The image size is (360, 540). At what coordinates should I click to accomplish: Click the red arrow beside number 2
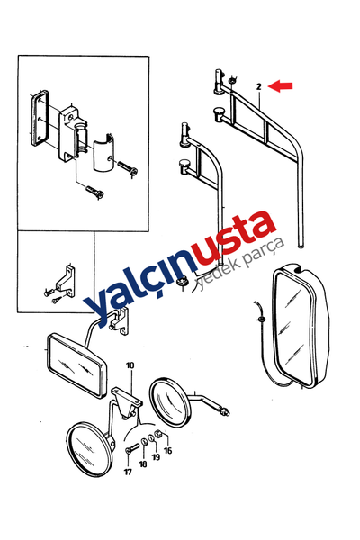[x=281, y=85]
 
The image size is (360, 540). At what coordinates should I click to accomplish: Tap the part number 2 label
[x=259, y=86]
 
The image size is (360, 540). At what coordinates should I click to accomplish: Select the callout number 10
[x=130, y=365]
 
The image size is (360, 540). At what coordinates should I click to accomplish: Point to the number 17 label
[x=128, y=472]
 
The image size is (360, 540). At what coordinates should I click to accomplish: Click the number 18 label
[x=143, y=464]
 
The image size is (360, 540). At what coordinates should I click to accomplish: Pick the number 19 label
[x=156, y=457]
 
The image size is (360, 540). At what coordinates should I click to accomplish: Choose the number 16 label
[x=167, y=450]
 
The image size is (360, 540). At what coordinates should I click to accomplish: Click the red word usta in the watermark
[x=235, y=235]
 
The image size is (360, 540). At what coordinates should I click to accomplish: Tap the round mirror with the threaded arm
[x=170, y=402]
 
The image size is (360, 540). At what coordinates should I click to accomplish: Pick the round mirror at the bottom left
[x=90, y=449]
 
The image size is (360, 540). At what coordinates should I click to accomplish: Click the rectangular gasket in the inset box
[x=40, y=117]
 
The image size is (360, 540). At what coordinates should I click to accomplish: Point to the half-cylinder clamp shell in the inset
[x=103, y=153]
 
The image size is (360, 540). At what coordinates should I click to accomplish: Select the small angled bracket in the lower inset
[x=65, y=280]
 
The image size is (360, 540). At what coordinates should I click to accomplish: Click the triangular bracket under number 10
[x=127, y=402]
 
